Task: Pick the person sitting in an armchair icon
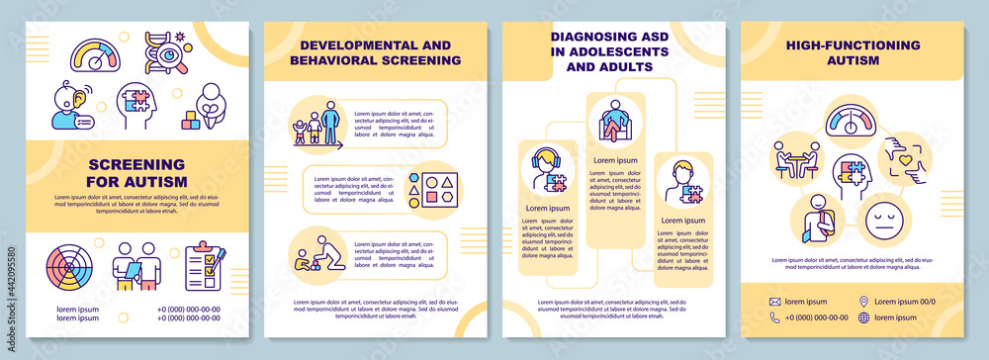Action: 614,124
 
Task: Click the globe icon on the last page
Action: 864,317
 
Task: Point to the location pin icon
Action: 864,301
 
